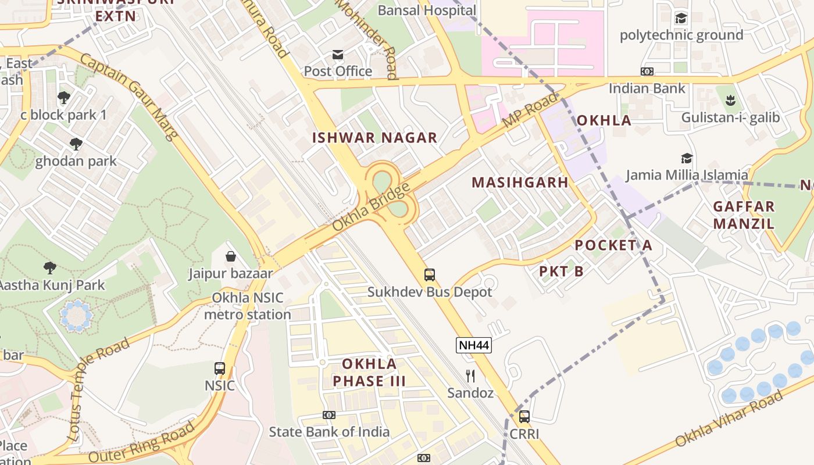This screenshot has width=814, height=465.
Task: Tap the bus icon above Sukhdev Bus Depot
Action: point(430,274)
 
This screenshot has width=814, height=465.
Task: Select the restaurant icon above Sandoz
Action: point(470,375)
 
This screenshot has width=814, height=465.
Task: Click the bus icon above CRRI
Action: point(524,416)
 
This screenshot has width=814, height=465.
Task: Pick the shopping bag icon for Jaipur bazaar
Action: point(231,256)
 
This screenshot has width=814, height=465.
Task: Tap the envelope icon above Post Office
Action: point(338,55)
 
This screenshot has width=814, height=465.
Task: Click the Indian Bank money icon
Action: point(647,71)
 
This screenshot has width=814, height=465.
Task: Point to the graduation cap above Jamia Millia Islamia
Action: point(687,158)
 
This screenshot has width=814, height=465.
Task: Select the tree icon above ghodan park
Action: point(76,144)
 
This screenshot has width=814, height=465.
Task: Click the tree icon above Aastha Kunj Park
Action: point(50,268)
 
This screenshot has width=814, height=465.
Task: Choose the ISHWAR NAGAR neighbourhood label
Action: point(374,138)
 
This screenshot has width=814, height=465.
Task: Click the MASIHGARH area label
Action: point(520,183)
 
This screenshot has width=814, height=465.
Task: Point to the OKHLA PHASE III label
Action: point(369,373)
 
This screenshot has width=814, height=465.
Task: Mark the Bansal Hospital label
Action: point(427,10)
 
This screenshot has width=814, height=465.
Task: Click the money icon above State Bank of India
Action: point(329,415)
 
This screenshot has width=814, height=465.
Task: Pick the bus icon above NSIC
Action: point(220,368)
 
